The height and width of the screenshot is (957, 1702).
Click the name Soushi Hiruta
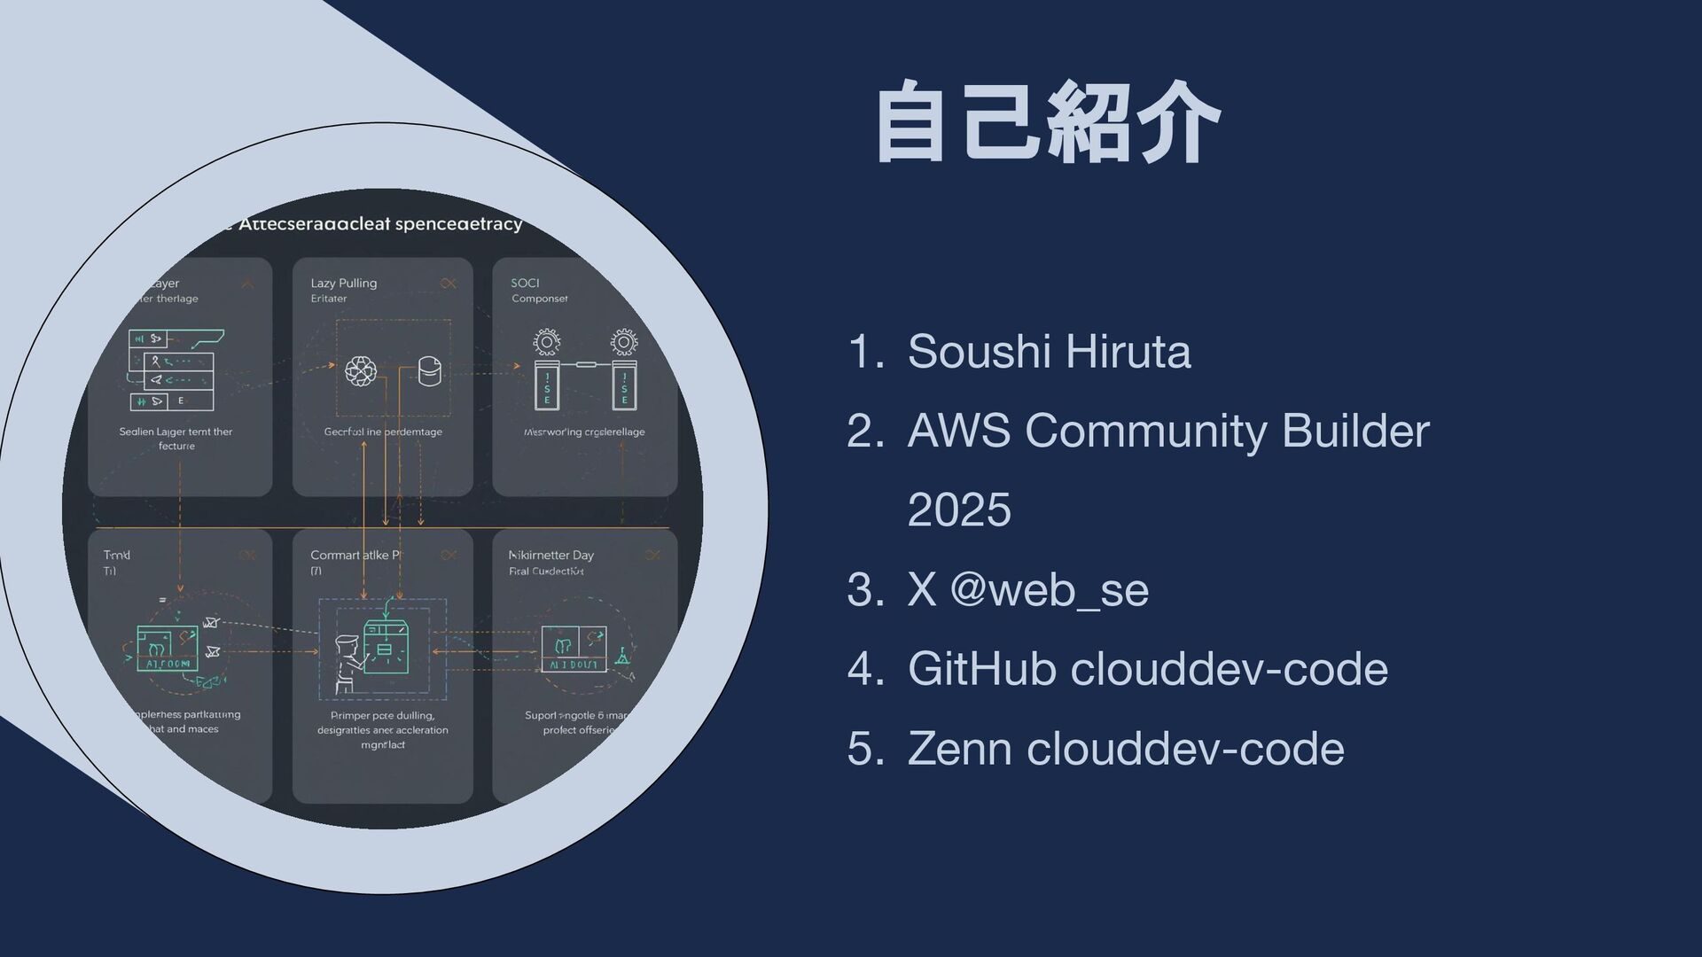pos(1049,351)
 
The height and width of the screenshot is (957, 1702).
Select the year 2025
pos(959,510)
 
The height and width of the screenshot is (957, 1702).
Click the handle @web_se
pos(1049,589)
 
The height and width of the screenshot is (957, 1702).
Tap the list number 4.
pos(863,668)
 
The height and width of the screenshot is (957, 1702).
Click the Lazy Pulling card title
pos(344,283)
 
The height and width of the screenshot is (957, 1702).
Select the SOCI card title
pos(525,283)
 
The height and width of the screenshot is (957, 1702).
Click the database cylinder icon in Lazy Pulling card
pos(429,371)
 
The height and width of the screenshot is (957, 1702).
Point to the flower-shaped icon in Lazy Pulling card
pos(360,371)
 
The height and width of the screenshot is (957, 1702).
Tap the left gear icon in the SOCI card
pos(547,342)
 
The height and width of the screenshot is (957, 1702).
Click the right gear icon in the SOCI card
pos(624,342)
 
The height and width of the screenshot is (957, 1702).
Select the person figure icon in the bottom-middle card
pos(346,663)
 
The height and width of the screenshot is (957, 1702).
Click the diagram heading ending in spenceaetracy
pos(381,224)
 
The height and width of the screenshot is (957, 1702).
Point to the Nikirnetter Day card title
pos(551,555)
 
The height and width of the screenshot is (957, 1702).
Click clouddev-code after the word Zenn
pos(1186,748)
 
